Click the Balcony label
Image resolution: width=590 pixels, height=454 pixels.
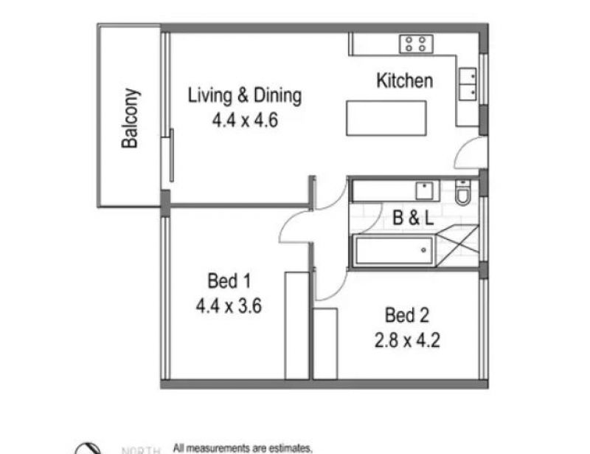pyautogui.click(x=131, y=118)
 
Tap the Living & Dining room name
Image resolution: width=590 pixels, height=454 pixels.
pyautogui.click(x=245, y=95)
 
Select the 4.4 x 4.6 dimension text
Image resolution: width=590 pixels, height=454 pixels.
pyautogui.click(x=245, y=120)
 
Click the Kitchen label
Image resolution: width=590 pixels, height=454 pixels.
pyautogui.click(x=404, y=80)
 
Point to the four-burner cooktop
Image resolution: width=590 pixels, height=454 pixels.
pyautogui.click(x=416, y=44)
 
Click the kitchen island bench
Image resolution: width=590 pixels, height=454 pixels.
pyautogui.click(x=386, y=118)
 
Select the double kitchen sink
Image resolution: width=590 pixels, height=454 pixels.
pyautogui.click(x=468, y=84)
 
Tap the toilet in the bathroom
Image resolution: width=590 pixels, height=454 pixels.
pyautogui.click(x=462, y=192)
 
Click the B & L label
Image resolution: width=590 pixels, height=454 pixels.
pyautogui.click(x=413, y=217)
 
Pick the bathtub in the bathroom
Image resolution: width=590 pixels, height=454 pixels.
pyautogui.click(x=394, y=250)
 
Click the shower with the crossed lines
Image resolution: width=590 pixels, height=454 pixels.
pyautogui.click(x=458, y=246)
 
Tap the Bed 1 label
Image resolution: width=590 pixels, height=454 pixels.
pyautogui.click(x=229, y=281)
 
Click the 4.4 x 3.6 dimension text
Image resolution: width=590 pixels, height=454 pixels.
pyautogui.click(x=229, y=306)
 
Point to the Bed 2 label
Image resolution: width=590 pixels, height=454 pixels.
pyautogui.click(x=407, y=315)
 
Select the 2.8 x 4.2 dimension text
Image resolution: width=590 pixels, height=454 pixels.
pyautogui.click(x=407, y=340)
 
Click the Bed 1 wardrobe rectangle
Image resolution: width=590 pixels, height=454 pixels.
pyautogui.click(x=297, y=326)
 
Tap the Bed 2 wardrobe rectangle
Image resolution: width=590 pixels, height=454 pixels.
pyautogui.click(x=325, y=343)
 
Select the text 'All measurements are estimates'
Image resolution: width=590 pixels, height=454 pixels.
pyautogui.click(x=243, y=448)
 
